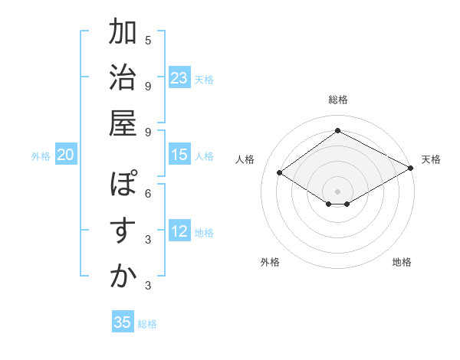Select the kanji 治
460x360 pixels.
tap(123, 78)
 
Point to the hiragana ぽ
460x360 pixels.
tap(123, 185)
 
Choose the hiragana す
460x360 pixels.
tap(123, 231)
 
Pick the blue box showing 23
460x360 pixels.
tap(179, 78)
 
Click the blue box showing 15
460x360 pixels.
tap(179, 155)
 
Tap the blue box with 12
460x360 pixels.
tap(179, 231)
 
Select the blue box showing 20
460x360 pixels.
tap(66, 155)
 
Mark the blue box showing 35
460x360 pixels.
tap(123, 322)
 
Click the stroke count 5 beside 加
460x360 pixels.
tap(148, 40)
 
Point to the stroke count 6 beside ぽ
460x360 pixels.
tap(148, 193)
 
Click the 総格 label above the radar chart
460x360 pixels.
tap(337, 100)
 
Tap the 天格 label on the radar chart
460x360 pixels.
tap(431, 159)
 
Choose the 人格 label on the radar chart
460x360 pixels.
tap(245, 159)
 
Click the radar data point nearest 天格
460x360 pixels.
tap(411, 169)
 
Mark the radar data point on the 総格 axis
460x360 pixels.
tap(337, 130)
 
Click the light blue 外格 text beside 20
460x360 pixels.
tap(41, 155)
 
